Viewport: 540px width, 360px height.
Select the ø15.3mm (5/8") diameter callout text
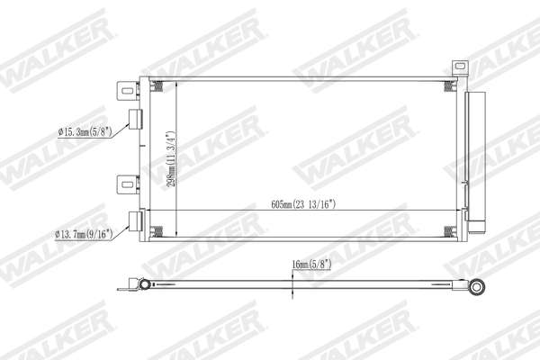click(84, 132)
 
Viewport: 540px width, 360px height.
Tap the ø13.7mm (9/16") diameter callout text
click(84, 235)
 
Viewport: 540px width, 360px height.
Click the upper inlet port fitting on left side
click(138, 119)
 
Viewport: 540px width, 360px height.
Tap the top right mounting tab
click(460, 68)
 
